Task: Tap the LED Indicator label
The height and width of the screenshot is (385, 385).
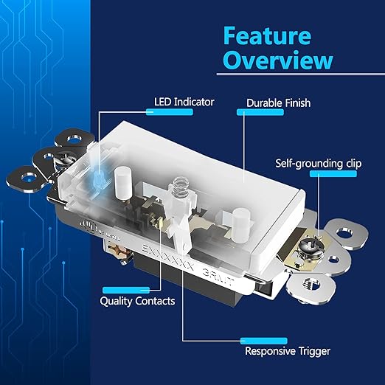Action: pos(184,102)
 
